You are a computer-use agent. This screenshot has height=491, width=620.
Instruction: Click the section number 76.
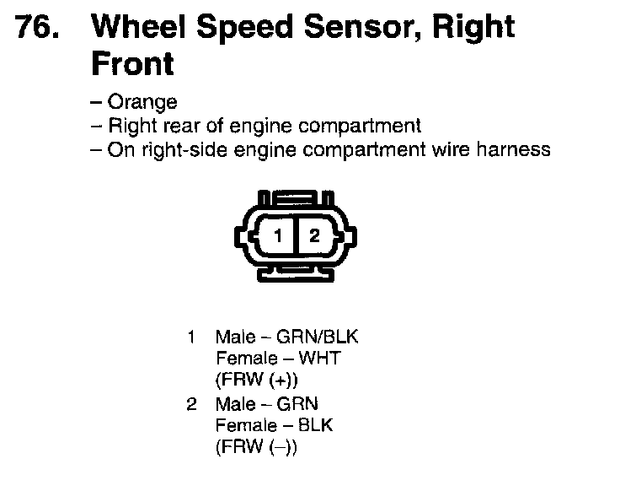pos(37,28)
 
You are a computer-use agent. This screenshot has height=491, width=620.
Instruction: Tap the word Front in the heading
pos(132,63)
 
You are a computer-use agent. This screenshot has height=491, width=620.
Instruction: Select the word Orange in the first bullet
pos(143,102)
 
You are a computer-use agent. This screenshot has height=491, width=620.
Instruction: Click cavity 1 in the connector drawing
pos(279,236)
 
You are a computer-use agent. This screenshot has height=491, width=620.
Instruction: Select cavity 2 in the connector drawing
pos(314,236)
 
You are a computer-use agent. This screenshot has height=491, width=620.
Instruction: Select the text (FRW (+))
pos(257,379)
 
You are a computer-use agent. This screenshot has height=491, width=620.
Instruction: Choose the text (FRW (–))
pos(257,446)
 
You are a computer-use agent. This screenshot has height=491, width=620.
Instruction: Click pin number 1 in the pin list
pos(191,337)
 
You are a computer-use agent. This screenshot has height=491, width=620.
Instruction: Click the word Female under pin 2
pos(243,424)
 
